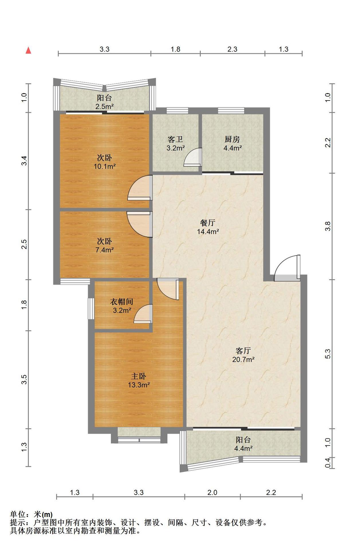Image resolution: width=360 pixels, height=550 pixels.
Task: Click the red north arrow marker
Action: (x=28, y=50)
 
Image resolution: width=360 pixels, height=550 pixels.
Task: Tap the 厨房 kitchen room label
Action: (x=232, y=139)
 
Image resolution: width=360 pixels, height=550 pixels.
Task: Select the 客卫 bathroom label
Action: (x=175, y=139)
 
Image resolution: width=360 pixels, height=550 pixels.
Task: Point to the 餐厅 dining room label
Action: (x=208, y=223)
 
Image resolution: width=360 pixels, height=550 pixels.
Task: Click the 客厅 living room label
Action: (x=243, y=350)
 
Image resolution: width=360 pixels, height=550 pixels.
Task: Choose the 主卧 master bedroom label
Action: (x=139, y=376)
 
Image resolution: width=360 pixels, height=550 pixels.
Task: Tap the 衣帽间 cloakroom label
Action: (x=122, y=301)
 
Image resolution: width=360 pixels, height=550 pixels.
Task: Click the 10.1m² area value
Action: (x=105, y=166)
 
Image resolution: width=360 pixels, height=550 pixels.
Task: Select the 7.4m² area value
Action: (x=105, y=250)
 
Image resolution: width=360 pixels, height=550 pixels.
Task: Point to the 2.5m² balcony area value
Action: (x=105, y=107)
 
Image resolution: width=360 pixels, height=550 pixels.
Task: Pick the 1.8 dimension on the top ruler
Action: (x=176, y=49)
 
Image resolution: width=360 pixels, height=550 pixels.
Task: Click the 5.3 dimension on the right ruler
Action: (x=328, y=354)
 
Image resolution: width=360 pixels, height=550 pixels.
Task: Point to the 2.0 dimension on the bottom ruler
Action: (x=212, y=492)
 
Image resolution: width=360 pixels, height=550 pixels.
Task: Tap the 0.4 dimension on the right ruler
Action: (x=328, y=463)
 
